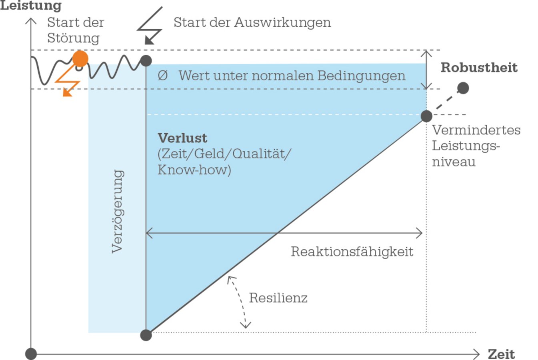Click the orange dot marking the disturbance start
coord(80,59)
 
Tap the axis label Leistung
coord(31,6)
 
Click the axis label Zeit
coord(501,354)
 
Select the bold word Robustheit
coord(479,68)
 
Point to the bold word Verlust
coord(182,138)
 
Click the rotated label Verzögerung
coord(117,211)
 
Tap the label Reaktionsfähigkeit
coord(352,252)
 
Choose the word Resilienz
coord(278,298)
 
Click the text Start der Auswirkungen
coord(252,22)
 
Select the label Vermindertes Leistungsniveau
coord(476,146)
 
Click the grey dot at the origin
coord(31,354)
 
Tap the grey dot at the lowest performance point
coord(146,335)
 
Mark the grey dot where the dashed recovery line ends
coord(463,88)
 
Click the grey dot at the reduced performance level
coord(426,116)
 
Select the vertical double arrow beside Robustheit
coord(427,70)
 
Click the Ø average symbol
coord(162,75)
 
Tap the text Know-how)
coord(194,170)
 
